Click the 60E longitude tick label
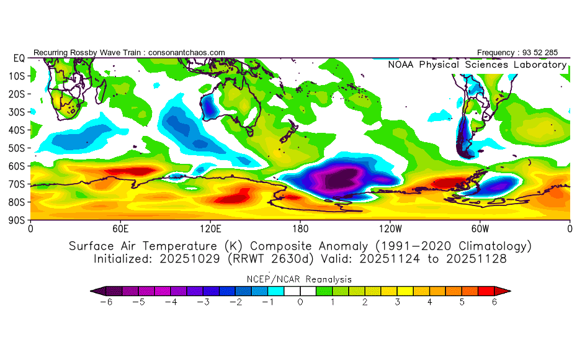point(120,228)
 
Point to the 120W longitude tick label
point(390,228)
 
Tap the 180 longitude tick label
point(300,228)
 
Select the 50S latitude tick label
point(16,148)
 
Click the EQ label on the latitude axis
point(18,58)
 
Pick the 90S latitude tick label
point(16,220)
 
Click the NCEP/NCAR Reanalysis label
point(300,279)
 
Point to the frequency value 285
point(558,53)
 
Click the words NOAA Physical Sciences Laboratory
point(477,65)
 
